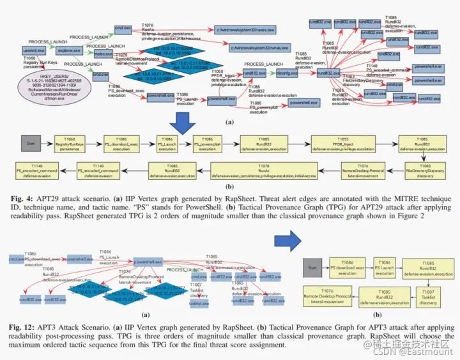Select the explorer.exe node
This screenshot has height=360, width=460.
(69, 49)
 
